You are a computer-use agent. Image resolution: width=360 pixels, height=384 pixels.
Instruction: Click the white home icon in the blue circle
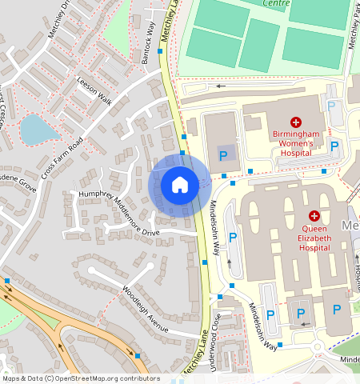[180, 185]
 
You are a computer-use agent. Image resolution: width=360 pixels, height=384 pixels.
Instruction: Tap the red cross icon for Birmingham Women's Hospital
[296, 122]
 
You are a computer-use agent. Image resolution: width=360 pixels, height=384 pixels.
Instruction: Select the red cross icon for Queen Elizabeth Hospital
[314, 216]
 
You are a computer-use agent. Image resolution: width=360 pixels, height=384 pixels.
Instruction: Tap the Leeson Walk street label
[94, 90]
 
